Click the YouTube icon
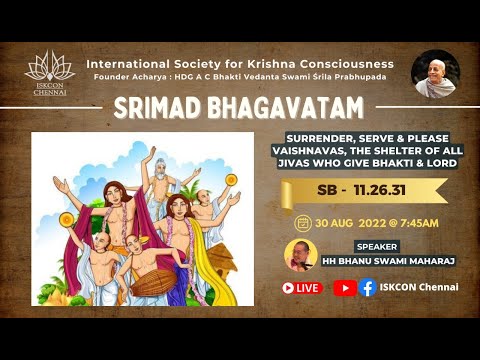[x=344, y=287]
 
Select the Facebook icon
[x=367, y=287]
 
